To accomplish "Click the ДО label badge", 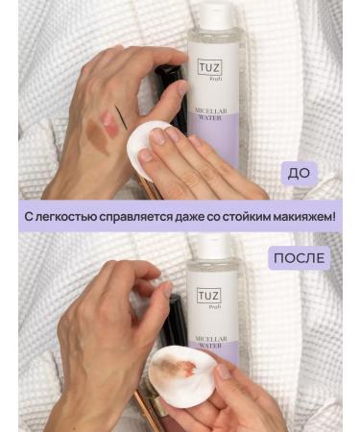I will tap(299, 174).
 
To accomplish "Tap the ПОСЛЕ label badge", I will tap(299, 257).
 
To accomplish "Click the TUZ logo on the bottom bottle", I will tap(209, 296).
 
